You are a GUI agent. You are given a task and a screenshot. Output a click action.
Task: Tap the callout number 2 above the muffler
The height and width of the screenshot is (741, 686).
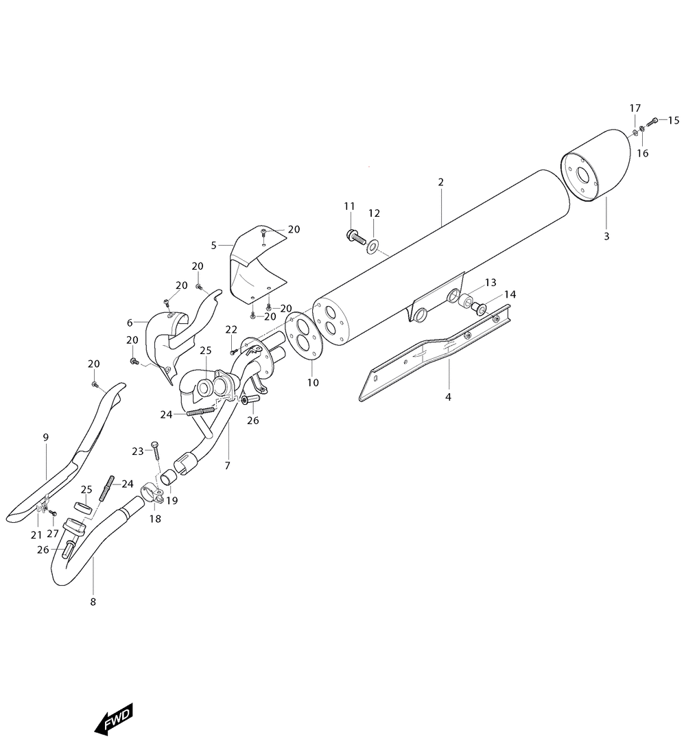click(x=441, y=182)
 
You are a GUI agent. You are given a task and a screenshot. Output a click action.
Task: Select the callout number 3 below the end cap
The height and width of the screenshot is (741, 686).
click(x=606, y=236)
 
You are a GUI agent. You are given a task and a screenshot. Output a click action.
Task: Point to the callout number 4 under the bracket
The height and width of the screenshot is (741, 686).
click(x=448, y=397)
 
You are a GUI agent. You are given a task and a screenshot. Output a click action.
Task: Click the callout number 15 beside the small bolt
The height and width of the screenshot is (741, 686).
click(x=673, y=121)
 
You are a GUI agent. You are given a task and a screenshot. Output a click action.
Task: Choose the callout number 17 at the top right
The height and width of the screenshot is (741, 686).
click(x=635, y=108)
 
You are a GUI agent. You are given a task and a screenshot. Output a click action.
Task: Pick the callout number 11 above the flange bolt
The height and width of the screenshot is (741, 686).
click(x=349, y=206)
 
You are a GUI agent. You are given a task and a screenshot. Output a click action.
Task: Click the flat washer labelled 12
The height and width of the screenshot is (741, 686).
click(x=373, y=246)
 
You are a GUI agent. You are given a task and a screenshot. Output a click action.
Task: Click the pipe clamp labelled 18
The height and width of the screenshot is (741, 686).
click(x=152, y=493)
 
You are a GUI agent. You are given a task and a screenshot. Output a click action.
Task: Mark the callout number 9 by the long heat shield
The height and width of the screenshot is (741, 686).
click(x=46, y=437)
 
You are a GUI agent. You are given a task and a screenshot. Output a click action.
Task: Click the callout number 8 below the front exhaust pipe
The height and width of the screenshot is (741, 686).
click(x=93, y=602)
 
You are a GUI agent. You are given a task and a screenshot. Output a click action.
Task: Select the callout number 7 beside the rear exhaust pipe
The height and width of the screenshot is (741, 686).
click(x=227, y=465)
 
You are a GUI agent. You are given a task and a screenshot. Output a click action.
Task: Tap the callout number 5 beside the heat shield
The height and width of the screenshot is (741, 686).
click(x=213, y=245)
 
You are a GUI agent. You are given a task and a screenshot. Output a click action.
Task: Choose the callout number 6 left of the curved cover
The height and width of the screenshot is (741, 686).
click(x=130, y=322)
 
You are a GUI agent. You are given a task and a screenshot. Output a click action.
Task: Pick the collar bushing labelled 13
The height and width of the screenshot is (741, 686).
click(x=465, y=300)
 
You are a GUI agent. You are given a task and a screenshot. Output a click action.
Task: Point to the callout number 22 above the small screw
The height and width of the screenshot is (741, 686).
click(x=231, y=329)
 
